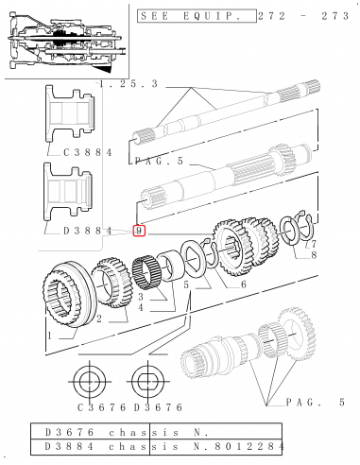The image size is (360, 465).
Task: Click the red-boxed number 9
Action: coord(138,230)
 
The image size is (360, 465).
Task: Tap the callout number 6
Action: coord(243,283)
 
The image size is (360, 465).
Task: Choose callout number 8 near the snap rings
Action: coord(313,254)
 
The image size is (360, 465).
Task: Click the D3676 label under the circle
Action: coord(151,408)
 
